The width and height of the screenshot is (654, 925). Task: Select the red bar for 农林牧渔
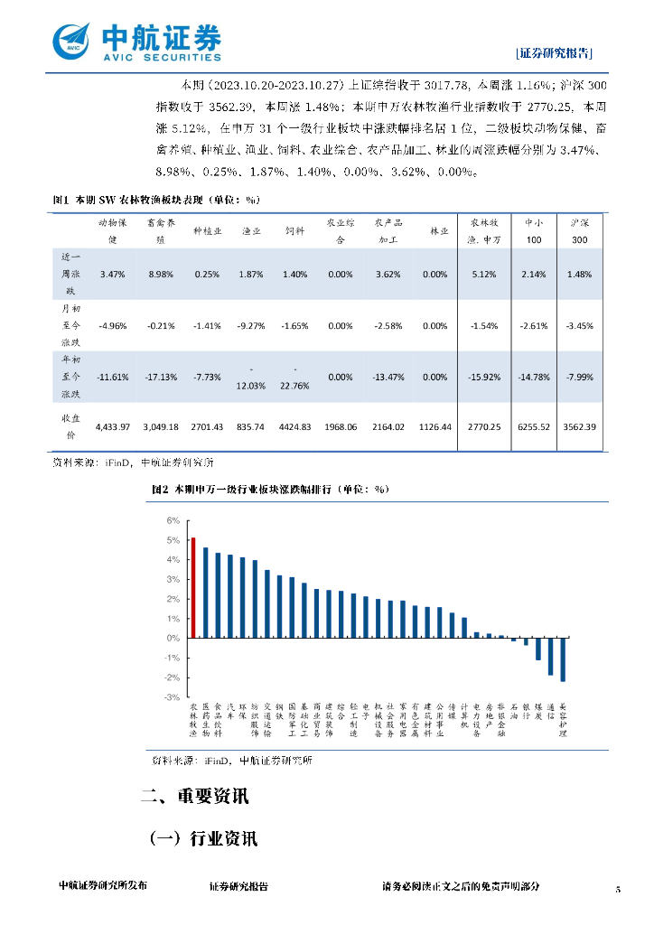click(193, 588)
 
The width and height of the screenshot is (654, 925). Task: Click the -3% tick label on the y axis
click(172, 697)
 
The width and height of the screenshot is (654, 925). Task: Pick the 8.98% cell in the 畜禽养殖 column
click(160, 274)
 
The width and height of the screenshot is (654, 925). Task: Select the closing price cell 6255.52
click(529, 425)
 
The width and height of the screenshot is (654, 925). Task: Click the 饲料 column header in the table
click(294, 231)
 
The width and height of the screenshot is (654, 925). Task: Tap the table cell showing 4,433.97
click(113, 425)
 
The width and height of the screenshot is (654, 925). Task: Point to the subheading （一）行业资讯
click(203, 838)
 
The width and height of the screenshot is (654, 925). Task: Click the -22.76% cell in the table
click(294, 377)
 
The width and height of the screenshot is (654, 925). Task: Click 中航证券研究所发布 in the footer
click(102, 887)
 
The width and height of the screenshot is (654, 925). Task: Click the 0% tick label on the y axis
click(173, 639)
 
